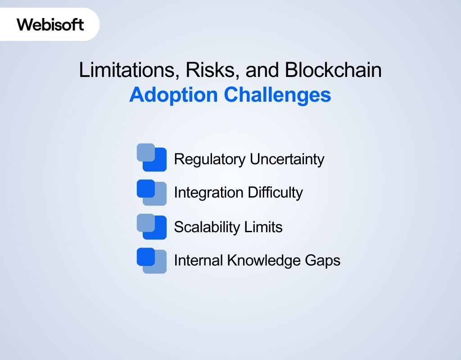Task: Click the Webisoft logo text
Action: (x=50, y=24)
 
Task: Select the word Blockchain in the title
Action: (x=333, y=71)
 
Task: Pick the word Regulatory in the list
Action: (x=210, y=159)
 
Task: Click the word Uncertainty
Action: (x=287, y=159)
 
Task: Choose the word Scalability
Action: (x=207, y=227)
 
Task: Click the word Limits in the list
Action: (x=263, y=227)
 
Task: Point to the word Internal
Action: (x=198, y=261)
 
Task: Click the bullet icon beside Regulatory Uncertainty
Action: (x=152, y=157)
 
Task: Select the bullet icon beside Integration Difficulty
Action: (x=152, y=193)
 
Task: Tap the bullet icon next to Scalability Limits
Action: (x=152, y=226)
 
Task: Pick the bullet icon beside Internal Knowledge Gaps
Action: (x=152, y=261)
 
